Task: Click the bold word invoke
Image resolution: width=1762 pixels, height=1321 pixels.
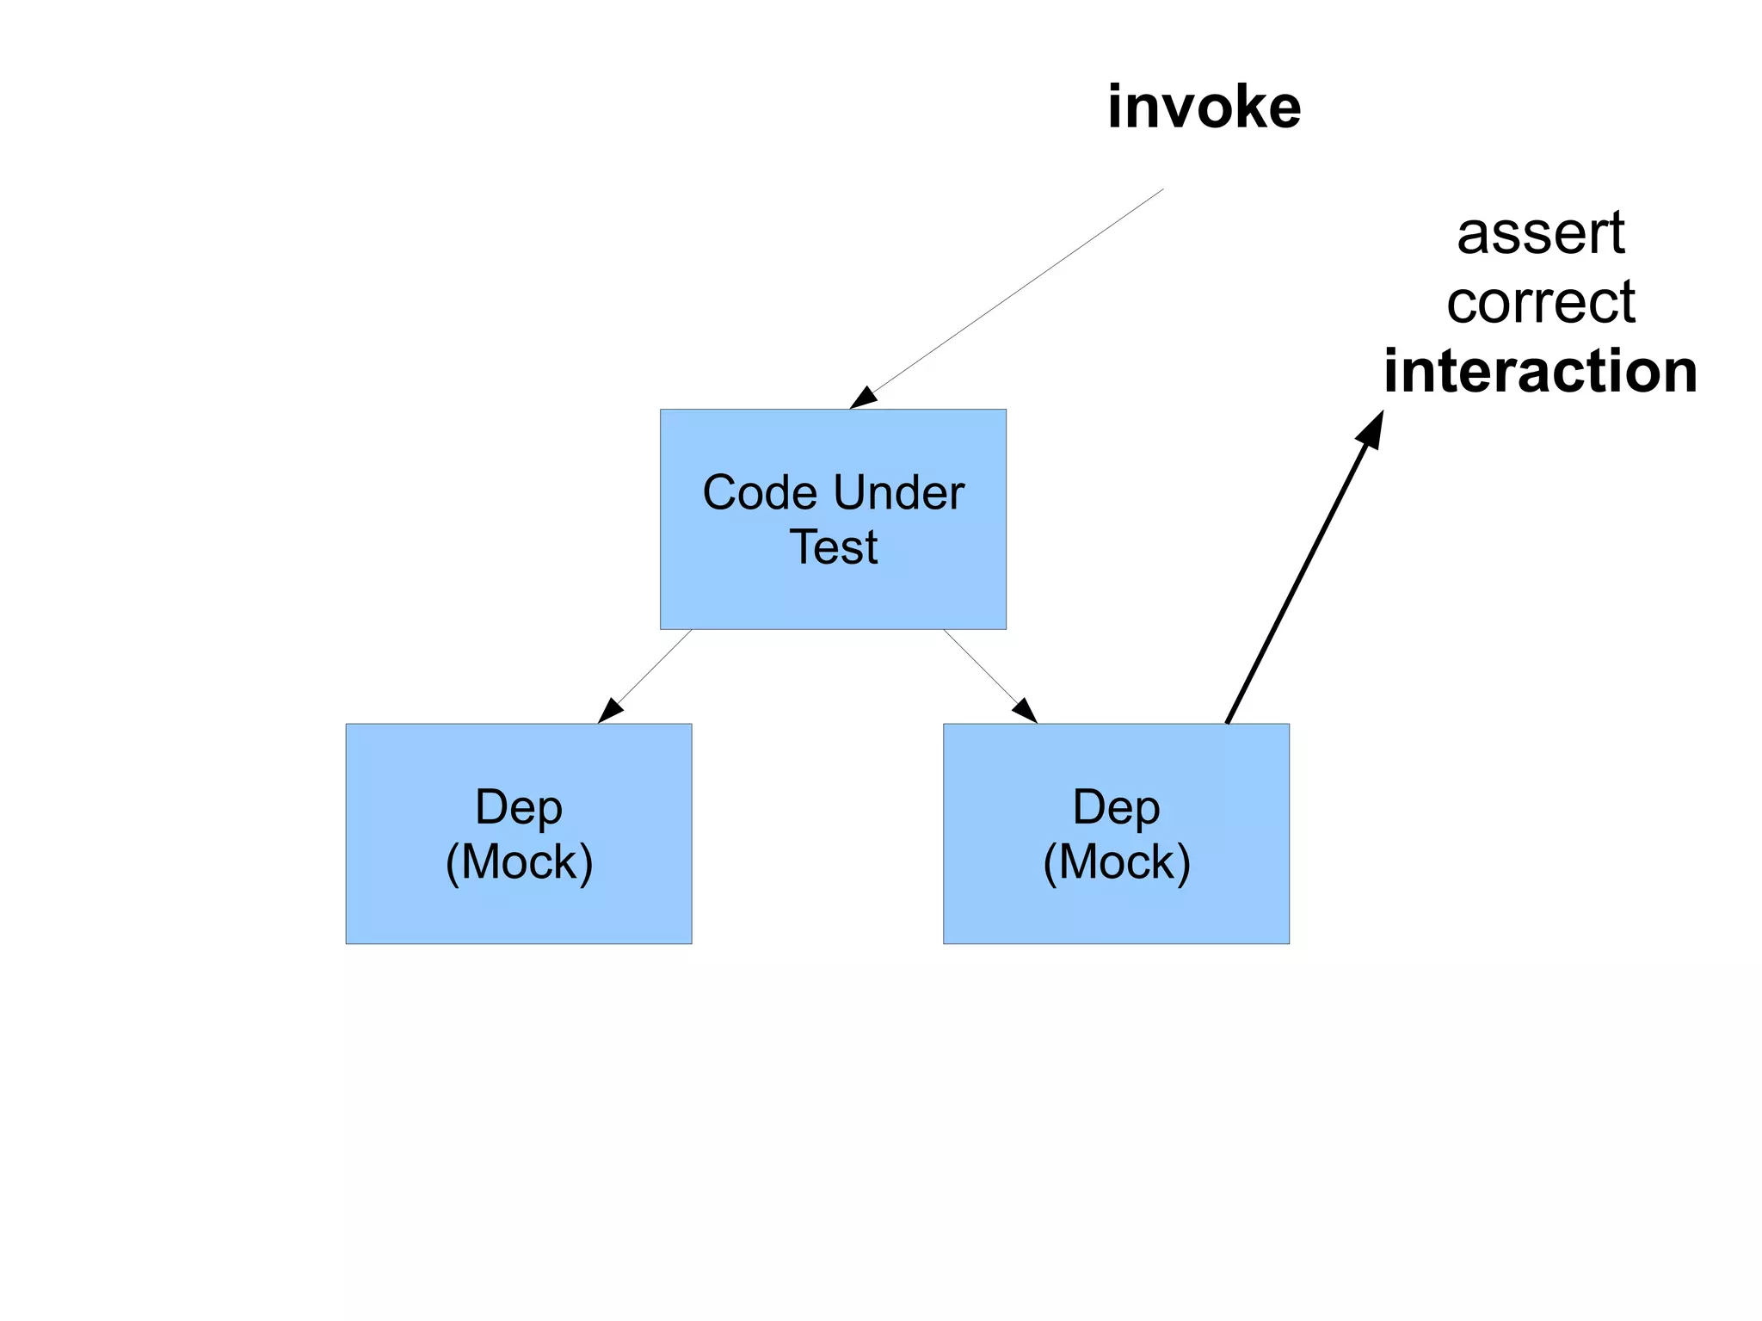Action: [x=1204, y=108]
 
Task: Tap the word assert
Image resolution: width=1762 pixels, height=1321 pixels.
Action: [x=1540, y=234]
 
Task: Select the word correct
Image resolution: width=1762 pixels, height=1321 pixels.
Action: [x=1540, y=303]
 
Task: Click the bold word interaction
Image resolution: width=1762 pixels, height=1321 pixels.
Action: [x=1540, y=372]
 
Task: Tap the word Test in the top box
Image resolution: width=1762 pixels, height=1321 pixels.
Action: [x=833, y=547]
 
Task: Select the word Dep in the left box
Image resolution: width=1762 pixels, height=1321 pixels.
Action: [x=519, y=809]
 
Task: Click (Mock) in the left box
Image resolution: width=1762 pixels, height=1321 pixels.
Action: [x=519, y=862]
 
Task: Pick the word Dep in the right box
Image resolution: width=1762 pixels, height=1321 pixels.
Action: [x=1116, y=809]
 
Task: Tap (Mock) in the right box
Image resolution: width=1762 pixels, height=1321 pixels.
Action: [x=1116, y=862]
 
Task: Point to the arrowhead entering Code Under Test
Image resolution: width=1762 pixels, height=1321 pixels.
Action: [x=863, y=399]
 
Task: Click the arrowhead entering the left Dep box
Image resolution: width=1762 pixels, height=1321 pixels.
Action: [x=609, y=711]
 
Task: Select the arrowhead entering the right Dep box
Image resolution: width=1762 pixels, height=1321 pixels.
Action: [x=1026, y=711]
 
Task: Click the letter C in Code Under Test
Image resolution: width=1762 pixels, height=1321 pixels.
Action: [x=718, y=493]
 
